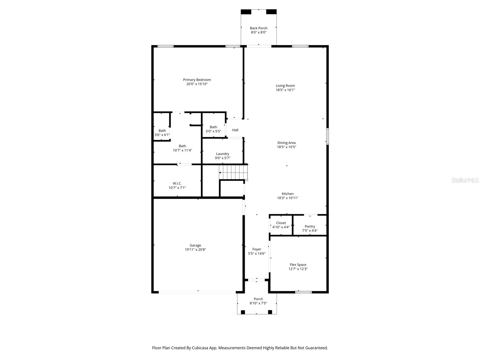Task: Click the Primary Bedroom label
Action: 197,80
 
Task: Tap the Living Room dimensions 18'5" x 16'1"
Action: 285,90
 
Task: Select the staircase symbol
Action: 233,173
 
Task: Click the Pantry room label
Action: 310,226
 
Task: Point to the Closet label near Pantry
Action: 281,223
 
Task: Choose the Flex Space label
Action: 298,265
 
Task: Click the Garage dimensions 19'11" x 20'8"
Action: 195,250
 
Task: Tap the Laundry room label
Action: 222,154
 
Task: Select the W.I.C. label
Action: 177,183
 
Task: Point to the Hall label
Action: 235,130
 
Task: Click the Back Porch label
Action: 259,28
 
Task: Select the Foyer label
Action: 256,249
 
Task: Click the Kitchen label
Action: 287,194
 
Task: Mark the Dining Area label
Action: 286,143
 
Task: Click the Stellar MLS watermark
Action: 465,180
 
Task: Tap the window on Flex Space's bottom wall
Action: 303,292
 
